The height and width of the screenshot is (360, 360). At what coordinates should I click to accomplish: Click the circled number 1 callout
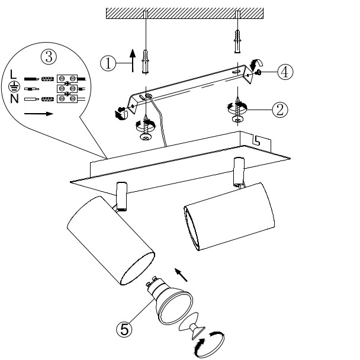(108, 63)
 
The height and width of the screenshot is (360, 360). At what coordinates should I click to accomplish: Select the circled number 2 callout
(280, 110)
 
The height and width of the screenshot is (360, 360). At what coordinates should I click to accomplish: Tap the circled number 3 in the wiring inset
(49, 57)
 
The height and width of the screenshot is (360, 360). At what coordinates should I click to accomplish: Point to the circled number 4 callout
(285, 72)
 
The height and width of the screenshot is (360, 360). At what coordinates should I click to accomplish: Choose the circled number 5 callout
(124, 329)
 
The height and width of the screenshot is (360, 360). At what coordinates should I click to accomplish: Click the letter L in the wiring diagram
(13, 75)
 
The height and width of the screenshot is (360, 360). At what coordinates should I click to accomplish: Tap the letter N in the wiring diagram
(14, 99)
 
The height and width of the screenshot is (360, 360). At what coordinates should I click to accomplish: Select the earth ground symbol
(14, 87)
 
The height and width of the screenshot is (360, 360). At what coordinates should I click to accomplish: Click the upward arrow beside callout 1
(133, 60)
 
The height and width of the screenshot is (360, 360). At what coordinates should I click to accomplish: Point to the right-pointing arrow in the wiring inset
(38, 114)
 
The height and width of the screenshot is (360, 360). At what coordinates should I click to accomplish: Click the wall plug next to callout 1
(145, 62)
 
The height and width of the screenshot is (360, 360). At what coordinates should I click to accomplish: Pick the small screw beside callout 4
(258, 73)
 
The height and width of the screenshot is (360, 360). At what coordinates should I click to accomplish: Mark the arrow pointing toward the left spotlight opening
(181, 275)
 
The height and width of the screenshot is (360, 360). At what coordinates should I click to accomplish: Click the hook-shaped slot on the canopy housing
(256, 140)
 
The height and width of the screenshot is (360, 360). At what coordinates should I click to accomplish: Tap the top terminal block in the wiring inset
(67, 79)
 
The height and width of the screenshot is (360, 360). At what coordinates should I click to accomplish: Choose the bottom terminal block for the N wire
(67, 98)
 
